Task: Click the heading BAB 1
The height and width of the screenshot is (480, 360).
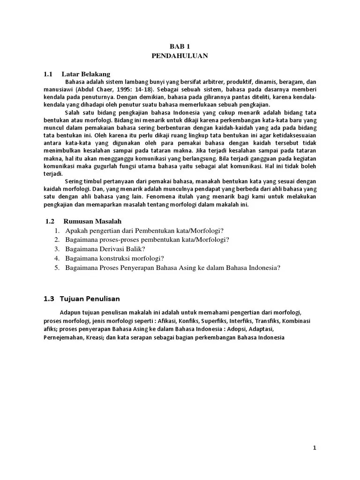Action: pyautogui.click(x=180, y=47)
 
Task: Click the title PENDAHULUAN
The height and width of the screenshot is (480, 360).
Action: pyautogui.click(x=180, y=56)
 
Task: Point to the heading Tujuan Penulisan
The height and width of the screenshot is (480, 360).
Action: pyautogui.click(x=89, y=299)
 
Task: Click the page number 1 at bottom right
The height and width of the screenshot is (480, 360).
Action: pyautogui.click(x=315, y=448)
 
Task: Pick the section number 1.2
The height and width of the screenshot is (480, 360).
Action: pyautogui.click(x=50, y=221)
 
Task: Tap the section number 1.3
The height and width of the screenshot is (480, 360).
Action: pyautogui.click(x=49, y=299)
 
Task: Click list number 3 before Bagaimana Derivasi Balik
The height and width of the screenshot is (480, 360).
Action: pyautogui.click(x=56, y=249)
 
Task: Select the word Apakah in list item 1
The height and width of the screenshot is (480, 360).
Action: pyautogui.click(x=76, y=230)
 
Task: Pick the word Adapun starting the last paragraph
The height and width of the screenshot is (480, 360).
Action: pyautogui.click(x=70, y=313)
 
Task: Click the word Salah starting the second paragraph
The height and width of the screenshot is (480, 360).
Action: pyautogui.click(x=73, y=112)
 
